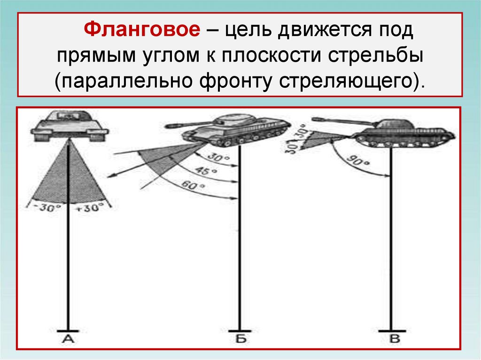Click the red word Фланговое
pos(140,31)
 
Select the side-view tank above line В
pos(402,132)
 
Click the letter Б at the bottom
pos(240,339)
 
